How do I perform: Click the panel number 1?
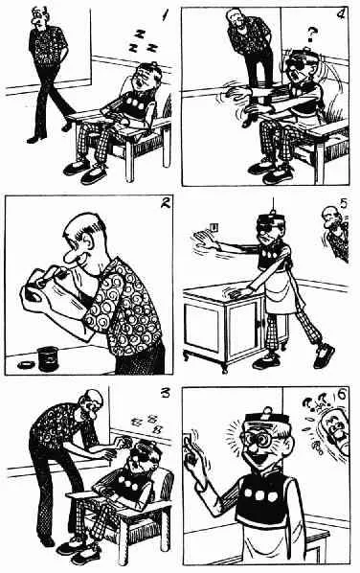click(166, 15)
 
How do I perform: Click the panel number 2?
click(166, 202)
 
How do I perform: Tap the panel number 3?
click(166, 393)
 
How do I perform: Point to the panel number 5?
click(343, 203)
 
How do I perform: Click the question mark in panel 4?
click(311, 34)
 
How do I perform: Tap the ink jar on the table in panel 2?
click(48, 358)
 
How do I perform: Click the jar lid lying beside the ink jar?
click(26, 364)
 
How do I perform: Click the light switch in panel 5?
click(214, 228)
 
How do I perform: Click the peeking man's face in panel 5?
click(330, 218)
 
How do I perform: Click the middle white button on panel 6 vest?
click(260, 495)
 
